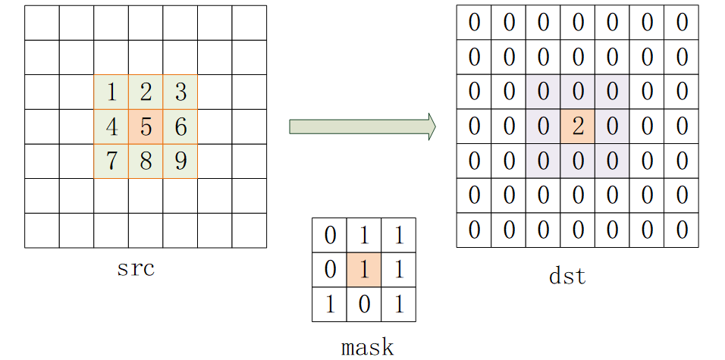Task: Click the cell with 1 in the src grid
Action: [x=111, y=92]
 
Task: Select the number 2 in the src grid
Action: [x=146, y=92]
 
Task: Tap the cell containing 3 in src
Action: [x=180, y=92]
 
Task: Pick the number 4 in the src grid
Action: [x=111, y=127]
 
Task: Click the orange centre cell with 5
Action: [x=146, y=127]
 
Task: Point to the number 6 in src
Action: [x=180, y=127]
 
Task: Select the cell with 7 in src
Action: [x=111, y=161]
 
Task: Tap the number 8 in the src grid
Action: [x=146, y=161]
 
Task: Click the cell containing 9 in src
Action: [x=180, y=161]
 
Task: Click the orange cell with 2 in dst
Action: [x=578, y=126]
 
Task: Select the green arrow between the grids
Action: [x=362, y=127]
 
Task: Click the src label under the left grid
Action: [x=136, y=269]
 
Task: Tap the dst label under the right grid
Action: [x=567, y=276]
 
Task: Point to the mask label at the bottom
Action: [x=368, y=348]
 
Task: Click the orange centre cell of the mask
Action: [x=364, y=269]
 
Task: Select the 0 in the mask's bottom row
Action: [x=364, y=305]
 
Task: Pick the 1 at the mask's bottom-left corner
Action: [x=330, y=305]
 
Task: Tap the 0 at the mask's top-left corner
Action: [x=330, y=236]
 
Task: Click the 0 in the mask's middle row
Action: [x=330, y=270]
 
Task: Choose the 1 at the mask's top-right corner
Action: [x=399, y=236]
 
